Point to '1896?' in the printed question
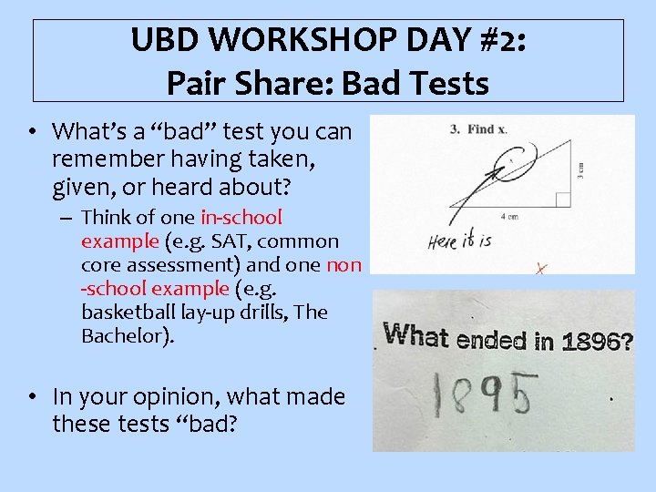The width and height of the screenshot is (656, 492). [599, 342]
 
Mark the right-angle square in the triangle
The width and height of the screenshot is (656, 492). [562, 200]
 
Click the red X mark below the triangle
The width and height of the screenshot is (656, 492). [540, 269]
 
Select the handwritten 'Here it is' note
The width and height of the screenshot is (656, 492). [459, 241]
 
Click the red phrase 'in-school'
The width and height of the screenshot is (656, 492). [241, 218]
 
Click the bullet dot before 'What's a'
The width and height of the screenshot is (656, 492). [31, 132]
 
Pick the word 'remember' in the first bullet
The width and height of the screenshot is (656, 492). [98, 160]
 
